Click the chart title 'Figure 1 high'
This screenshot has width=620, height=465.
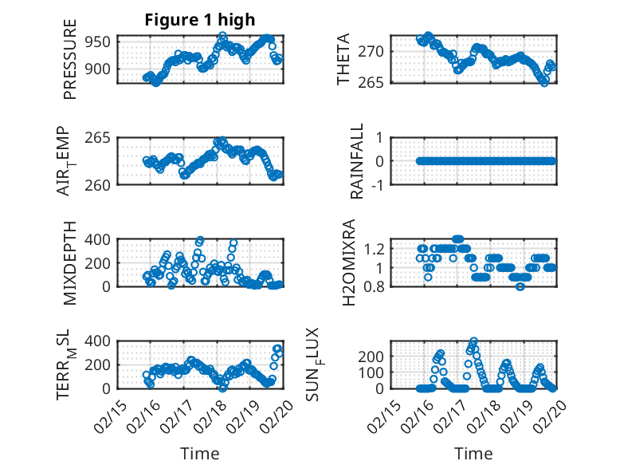[200, 20]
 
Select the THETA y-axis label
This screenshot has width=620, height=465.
[343, 61]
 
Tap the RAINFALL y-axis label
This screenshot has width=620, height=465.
[358, 161]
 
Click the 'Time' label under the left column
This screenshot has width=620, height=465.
[200, 453]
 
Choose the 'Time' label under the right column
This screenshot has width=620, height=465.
[474, 453]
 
